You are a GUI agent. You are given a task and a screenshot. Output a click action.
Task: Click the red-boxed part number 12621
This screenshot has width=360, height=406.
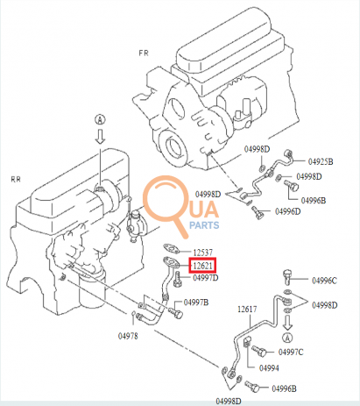(202, 266)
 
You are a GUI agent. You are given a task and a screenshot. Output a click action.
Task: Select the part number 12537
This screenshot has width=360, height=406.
(203, 253)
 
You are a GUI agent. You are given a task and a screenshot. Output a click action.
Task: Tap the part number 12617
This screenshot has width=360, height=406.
(247, 309)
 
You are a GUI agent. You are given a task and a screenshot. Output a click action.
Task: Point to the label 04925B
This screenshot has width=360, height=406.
(321, 161)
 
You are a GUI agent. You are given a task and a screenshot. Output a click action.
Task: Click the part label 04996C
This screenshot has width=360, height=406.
(324, 281)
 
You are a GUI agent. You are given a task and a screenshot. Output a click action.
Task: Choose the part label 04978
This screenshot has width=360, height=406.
(128, 336)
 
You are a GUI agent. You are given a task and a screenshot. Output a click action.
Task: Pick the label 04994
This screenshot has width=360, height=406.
(269, 368)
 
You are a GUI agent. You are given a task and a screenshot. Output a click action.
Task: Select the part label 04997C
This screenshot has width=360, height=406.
(291, 352)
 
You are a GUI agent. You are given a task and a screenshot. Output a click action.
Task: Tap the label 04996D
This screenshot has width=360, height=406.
(288, 211)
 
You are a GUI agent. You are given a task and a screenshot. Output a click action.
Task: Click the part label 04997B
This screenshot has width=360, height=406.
(196, 303)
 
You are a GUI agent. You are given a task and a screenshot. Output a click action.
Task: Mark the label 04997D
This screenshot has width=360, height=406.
(206, 277)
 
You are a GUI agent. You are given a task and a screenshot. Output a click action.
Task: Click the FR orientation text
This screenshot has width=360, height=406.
(144, 53)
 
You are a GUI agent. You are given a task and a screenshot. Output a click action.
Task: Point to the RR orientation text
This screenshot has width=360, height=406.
(16, 179)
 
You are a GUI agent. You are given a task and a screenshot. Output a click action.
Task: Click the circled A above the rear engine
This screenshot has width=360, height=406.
(100, 120)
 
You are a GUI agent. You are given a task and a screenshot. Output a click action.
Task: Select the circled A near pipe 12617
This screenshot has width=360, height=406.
(287, 338)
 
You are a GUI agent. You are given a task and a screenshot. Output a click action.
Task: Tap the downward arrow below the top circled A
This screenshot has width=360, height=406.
(100, 137)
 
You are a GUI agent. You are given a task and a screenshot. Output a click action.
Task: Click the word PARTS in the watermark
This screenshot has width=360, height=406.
(204, 225)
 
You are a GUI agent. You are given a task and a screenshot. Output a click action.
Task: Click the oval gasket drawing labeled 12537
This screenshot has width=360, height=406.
(171, 249)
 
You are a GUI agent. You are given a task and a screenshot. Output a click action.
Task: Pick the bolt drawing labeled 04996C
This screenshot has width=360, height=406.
(287, 277)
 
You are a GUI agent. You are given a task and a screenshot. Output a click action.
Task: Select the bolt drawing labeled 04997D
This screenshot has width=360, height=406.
(177, 280)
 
